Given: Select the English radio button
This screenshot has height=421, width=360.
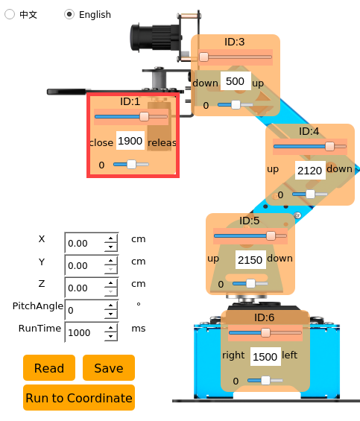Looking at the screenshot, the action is click(x=69, y=14).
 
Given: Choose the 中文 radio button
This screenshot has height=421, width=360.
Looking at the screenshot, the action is click(x=10, y=14).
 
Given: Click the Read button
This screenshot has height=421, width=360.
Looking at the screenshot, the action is click(x=49, y=368).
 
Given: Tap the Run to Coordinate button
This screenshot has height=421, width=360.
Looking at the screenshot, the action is click(x=79, y=398).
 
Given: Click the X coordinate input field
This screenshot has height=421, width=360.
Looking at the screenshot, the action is click(x=85, y=243).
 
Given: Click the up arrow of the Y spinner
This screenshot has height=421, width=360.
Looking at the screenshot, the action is click(x=111, y=261).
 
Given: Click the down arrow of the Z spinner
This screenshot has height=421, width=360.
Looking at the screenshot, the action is click(x=111, y=291).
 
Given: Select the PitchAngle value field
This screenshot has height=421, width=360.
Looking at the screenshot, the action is click(x=85, y=310).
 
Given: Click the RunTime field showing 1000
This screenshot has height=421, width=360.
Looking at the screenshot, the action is click(x=85, y=332).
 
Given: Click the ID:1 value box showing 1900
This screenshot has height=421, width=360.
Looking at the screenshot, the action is click(x=130, y=140).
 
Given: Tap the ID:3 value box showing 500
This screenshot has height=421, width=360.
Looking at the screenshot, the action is click(x=236, y=81).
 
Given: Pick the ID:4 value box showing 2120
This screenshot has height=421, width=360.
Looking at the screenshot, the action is click(x=310, y=170).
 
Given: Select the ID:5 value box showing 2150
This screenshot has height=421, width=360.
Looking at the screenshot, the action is click(x=250, y=259).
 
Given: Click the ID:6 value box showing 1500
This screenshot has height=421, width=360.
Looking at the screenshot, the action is click(x=265, y=357).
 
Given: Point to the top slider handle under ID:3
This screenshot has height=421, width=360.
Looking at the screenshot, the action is click(x=203, y=57).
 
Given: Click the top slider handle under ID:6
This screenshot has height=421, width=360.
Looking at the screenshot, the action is click(x=265, y=332).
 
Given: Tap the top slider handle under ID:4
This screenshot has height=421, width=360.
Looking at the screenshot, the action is click(x=329, y=146).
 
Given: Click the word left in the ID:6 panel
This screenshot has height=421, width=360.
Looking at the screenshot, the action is click(x=290, y=355).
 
